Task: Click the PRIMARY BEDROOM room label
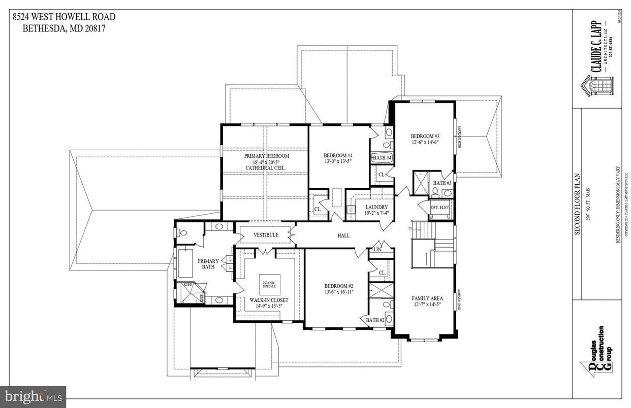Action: (x=266, y=156)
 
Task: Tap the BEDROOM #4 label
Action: (x=338, y=155)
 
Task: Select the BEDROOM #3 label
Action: (x=424, y=136)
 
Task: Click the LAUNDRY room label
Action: (x=376, y=207)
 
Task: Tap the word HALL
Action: (x=343, y=236)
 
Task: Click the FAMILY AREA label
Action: (x=427, y=298)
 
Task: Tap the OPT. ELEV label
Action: (x=440, y=208)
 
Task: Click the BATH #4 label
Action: (x=382, y=158)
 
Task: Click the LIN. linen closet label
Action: (x=377, y=250)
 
